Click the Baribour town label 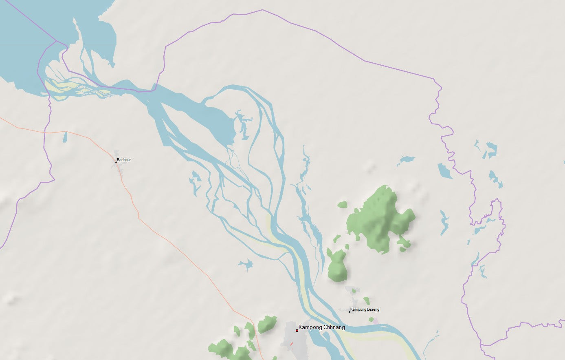124,160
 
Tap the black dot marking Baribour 116,162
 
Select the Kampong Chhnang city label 321,327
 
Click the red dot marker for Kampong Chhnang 297,330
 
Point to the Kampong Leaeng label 365,309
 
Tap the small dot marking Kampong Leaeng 349,311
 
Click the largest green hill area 379,220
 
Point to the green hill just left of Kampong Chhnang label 267,324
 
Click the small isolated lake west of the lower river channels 246,265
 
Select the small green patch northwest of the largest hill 342,204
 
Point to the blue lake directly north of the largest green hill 405,160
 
